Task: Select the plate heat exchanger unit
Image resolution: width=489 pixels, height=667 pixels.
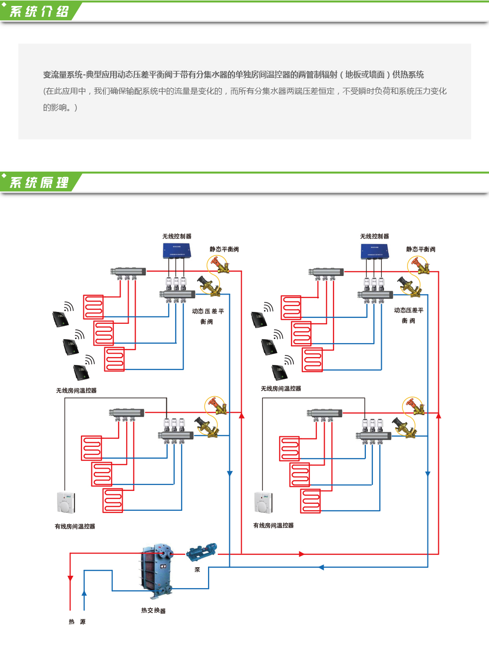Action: click(x=156, y=570)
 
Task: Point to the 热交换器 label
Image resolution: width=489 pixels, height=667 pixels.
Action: click(x=153, y=610)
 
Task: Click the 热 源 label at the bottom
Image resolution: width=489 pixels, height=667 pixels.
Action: click(x=77, y=622)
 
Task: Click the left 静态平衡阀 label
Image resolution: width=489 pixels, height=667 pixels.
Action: click(x=224, y=249)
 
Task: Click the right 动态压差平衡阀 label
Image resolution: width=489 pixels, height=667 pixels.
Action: click(x=409, y=315)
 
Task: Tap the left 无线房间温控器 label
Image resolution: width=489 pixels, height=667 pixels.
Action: click(x=76, y=391)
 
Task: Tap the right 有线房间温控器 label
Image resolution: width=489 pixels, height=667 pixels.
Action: click(x=273, y=526)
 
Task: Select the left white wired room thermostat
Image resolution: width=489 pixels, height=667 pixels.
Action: click(x=65, y=503)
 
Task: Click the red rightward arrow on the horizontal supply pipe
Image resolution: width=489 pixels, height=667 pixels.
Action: click(x=302, y=554)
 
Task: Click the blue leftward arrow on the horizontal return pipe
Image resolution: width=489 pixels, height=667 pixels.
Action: click(x=321, y=567)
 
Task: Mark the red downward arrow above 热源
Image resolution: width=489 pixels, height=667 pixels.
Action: click(x=70, y=578)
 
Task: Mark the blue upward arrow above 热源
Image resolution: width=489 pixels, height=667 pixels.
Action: click(x=84, y=593)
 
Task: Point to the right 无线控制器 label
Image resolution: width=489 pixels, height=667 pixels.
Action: click(x=374, y=237)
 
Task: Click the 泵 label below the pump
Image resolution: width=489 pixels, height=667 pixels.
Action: click(x=197, y=570)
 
